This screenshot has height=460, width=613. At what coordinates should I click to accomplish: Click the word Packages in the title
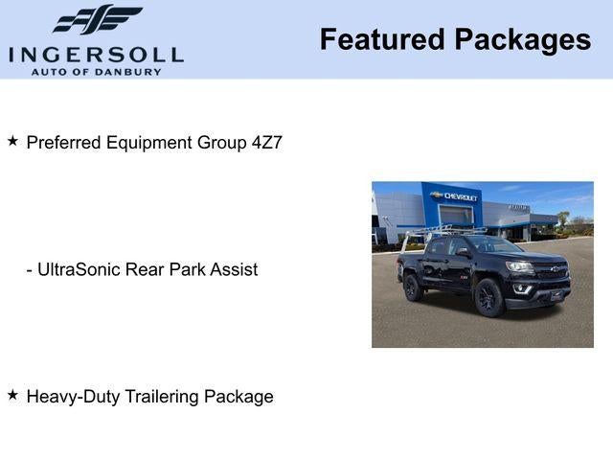(522, 39)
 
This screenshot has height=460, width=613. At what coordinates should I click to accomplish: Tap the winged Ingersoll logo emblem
(97, 19)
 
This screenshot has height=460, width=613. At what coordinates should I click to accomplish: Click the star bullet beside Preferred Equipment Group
(12, 141)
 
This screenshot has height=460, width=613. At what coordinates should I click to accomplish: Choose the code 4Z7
(267, 143)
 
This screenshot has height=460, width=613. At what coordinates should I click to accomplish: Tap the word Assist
(235, 269)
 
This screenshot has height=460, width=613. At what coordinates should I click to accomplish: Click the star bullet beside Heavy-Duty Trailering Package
(12, 394)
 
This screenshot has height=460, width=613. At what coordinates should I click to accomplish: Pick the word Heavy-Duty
(72, 396)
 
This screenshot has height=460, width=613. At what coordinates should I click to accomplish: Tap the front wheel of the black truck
(488, 297)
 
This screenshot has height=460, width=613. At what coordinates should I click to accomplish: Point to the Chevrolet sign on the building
(456, 196)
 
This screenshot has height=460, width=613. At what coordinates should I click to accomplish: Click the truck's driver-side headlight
(519, 267)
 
